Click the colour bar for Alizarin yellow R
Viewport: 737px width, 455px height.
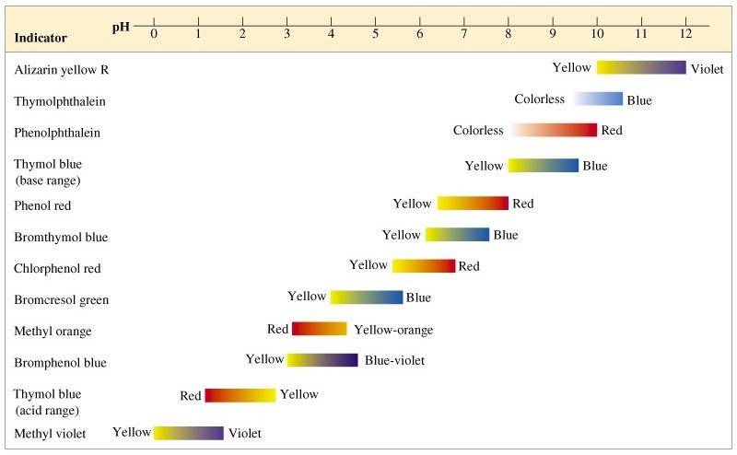pos(641,67)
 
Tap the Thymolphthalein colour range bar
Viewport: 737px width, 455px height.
pos(598,99)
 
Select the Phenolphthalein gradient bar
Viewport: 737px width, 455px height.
pos(554,130)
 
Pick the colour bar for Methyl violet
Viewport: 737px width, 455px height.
pos(189,433)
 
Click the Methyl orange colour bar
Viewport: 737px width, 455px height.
pos(319,329)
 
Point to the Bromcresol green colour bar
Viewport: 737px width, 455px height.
pos(367,297)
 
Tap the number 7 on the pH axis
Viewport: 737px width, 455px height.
pos(464,34)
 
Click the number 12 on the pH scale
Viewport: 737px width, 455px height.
pos(684,34)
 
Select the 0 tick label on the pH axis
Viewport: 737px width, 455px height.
pos(154,34)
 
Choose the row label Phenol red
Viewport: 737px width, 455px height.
pos(42,205)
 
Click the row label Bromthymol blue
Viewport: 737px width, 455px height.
pos(61,237)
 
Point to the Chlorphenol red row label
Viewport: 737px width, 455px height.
pos(57,268)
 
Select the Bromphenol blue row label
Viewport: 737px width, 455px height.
pos(61,362)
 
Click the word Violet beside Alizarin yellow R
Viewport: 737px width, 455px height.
pos(707,69)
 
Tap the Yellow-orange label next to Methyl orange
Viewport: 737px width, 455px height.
pos(393,330)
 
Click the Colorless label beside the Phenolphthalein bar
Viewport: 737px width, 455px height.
pos(478,131)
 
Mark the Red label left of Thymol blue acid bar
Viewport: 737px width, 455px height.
pos(191,396)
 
